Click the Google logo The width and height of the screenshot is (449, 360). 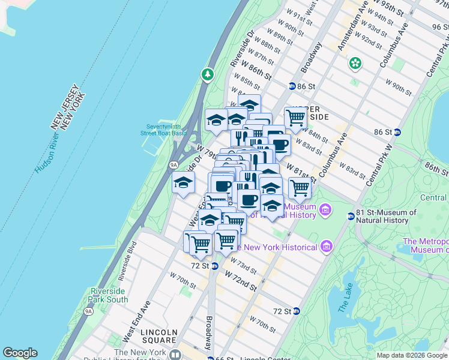20,353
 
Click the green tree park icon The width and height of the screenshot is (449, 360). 208,74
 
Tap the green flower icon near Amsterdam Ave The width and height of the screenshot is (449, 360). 355,62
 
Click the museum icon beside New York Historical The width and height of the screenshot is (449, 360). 326,247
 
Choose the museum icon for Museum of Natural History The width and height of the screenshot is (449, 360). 325,210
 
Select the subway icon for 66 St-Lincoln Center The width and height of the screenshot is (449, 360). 211,359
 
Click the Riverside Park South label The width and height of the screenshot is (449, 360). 109,295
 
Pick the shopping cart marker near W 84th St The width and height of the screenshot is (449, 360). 295,118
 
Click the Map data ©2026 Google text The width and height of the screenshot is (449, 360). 412,355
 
